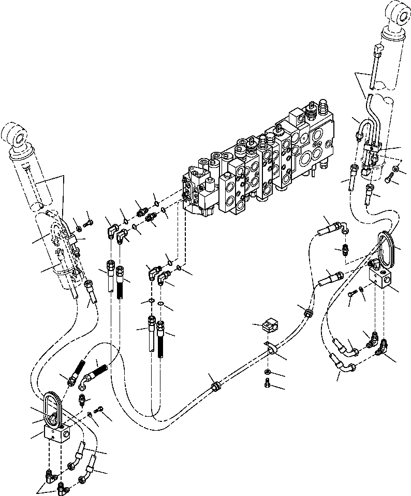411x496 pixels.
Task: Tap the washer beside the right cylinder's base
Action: click(x=395, y=169)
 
